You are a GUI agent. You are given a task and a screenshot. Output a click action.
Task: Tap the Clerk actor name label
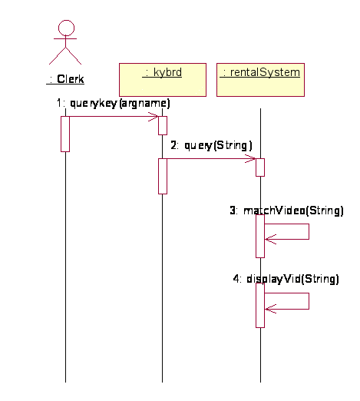tap(65, 79)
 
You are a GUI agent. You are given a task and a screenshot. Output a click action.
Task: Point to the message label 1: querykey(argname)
tap(113, 103)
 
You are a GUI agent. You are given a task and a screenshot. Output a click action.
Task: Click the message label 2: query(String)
tap(211, 145)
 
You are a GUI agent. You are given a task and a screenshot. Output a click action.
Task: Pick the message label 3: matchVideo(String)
tap(286, 210)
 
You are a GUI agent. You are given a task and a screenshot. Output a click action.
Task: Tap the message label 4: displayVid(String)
tap(286, 279)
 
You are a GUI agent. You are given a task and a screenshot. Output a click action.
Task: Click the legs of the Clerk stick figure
tap(58, 55)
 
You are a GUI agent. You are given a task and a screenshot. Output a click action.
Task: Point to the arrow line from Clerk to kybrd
tap(114, 117)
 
